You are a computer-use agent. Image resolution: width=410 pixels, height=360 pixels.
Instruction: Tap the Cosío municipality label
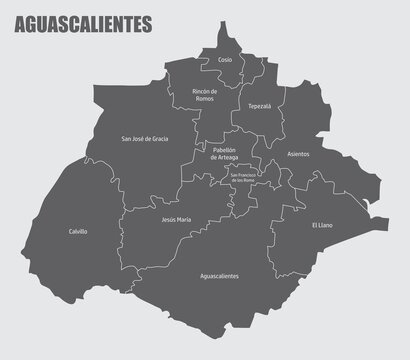tap(225, 60)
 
